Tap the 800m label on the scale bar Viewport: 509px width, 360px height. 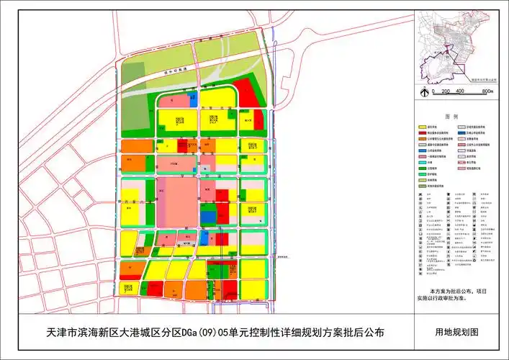pyautogui.click(x=487, y=91)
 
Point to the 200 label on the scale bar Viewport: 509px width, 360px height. pyautogui.click(x=447, y=91)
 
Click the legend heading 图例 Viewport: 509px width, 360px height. pyautogui.click(x=452, y=115)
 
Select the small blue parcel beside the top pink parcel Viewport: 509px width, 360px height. pyautogui.click(x=192, y=98)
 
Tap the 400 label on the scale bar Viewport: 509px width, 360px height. pyautogui.click(x=464, y=91)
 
